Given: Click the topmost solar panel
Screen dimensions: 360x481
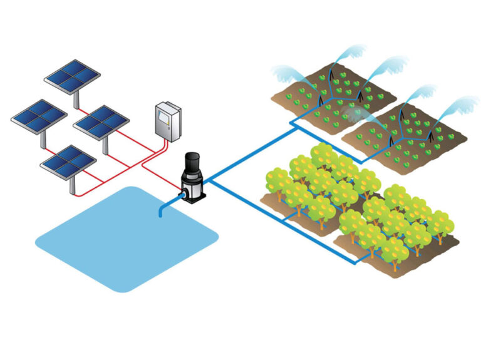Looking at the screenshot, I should pyautogui.click(x=73, y=75).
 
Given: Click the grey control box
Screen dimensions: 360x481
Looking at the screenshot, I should pyautogui.click(x=168, y=120).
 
